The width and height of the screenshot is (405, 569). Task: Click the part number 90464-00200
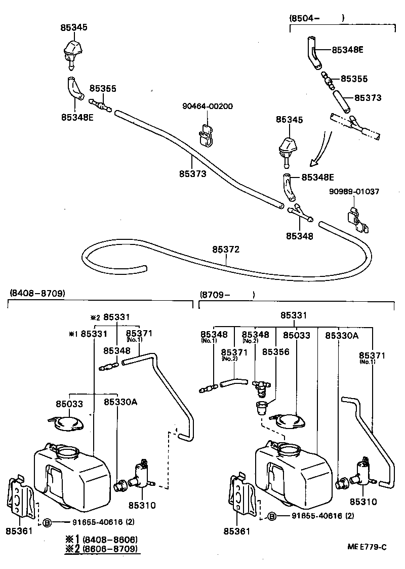coord(208,106)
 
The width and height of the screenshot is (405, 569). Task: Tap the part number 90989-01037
coord(354,192)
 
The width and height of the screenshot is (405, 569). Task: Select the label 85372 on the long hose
coord(226,250)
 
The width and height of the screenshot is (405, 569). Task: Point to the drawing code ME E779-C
coord(368,547)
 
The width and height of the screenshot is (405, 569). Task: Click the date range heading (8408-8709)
coord(37,294)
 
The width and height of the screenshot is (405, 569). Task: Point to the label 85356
coord(276,351)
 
